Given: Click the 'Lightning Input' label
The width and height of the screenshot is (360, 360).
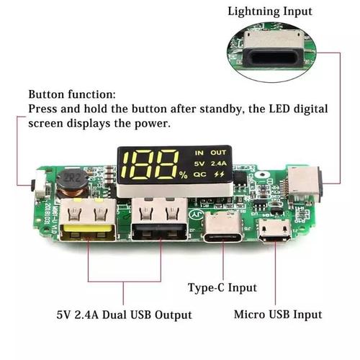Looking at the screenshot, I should (270, 11).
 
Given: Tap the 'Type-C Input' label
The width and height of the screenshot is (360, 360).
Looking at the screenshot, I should (222, 288).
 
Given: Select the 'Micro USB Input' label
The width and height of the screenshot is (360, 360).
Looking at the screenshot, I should (278, 315).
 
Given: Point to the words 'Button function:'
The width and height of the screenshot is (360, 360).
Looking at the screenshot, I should (72, 94).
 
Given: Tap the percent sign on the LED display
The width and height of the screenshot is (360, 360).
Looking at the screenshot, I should (184, 175).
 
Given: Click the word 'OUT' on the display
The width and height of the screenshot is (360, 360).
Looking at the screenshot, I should (218, 153).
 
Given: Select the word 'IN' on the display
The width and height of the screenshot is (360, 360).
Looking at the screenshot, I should (199, 153).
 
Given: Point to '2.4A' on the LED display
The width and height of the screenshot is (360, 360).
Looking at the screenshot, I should (218, 163).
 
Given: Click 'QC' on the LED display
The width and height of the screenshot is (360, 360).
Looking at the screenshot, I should (199, 174).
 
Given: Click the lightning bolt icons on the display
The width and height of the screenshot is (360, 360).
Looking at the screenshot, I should (218, 174).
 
